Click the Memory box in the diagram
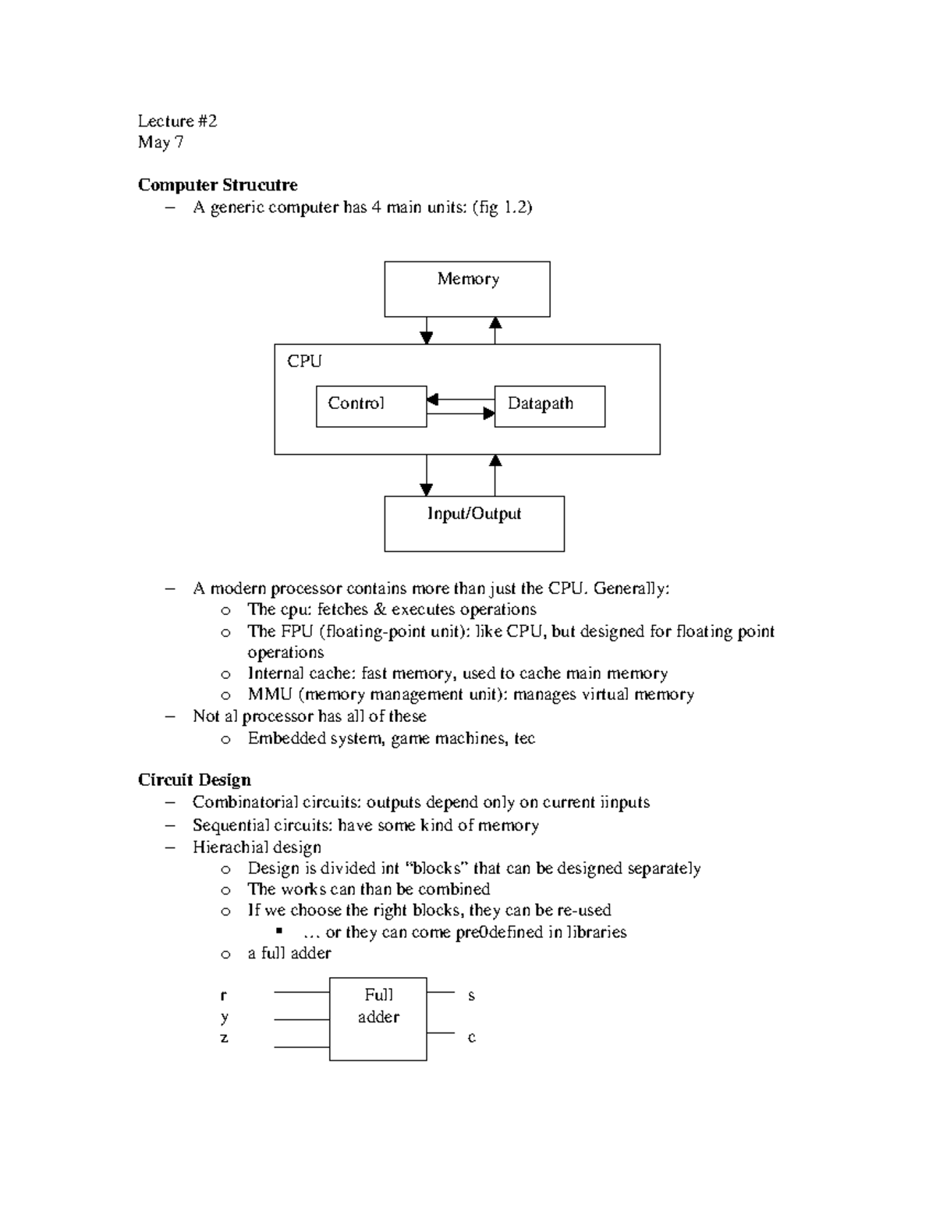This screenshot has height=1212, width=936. [x=466, y=289]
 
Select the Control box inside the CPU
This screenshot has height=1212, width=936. [x=371, y=406]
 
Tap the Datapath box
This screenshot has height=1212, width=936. [x=549, y=406]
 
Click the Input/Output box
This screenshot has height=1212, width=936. [x=473, y=524]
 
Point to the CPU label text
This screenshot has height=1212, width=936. [x=304, y=361]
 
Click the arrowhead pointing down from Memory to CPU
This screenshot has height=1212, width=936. [x=426, y=337]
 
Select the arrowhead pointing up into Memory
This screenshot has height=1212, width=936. [x=495, y=324]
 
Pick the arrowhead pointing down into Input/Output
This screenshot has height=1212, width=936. [x=426, y=489]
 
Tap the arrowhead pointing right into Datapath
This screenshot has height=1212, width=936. [x=488, y=414]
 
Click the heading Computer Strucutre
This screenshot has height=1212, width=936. [x=218, y=185]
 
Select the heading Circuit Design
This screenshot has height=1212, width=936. [x=194, y=780]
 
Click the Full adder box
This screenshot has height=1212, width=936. [x=378, y=1018]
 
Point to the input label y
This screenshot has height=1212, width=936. [x=225, y=1016]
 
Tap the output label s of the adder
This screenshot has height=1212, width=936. [x=471, y=995]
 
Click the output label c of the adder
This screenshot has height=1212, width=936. [x=471, y=1037]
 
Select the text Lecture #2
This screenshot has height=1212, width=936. [x=177, y=121]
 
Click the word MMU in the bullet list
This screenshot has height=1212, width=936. [x=269, y=695]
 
